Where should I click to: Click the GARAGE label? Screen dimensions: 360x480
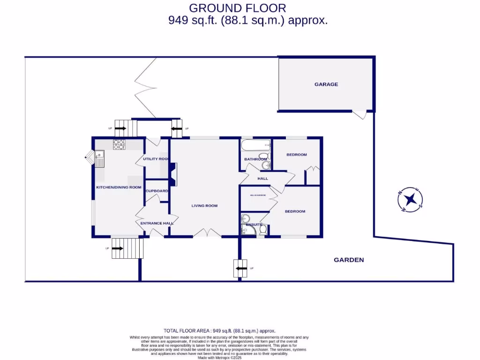click(x=326, y=84)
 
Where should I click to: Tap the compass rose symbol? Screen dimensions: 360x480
click(x=411, y=200)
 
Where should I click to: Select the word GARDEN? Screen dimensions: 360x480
click(x=348, y=260)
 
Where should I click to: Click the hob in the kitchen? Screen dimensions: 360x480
click(x=119, y=145)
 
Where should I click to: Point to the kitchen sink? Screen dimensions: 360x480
click(x=100, y=159)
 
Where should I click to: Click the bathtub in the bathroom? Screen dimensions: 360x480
click(x=256, y=145)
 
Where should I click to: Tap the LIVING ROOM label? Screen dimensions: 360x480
click(x=204, y=206)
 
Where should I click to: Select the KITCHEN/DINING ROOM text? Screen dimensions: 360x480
click(x=119, y=187)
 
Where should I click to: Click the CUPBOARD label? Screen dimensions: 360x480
click(x=157, y=191)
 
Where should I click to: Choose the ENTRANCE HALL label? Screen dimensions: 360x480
click(x=157, y=223)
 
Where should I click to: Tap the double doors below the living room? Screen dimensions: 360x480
click(x=207, y=232)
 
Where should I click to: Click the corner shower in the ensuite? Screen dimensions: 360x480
click(x=245, y=218)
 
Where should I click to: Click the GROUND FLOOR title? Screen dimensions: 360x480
click(x=237, y=8)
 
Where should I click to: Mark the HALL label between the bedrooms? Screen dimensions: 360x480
click(x=262, y=179)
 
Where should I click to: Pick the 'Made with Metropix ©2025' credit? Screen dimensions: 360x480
click(x=219, y=357)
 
